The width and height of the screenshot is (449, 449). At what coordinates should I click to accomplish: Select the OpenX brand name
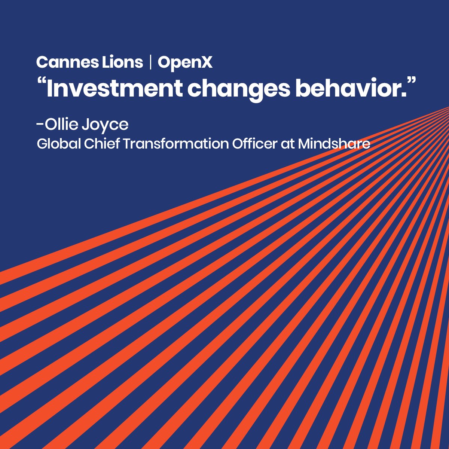(x=185, y=63)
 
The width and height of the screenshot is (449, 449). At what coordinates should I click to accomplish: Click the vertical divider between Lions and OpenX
(x=150, y=62)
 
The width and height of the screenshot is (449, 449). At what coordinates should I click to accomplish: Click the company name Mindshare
(x=334, y=144)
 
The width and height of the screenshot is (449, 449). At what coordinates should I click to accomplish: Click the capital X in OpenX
(x=206, y=62)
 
